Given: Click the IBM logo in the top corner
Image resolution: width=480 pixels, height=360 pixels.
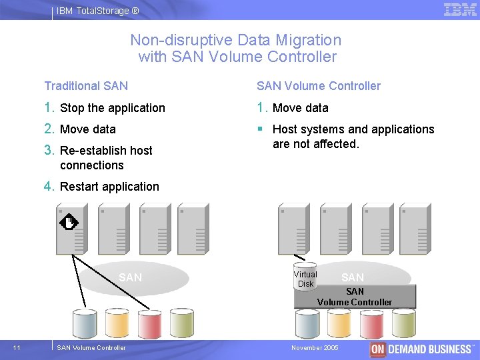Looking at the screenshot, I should (460, 10).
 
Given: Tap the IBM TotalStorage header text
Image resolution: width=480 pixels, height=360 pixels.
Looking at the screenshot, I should (98, 11).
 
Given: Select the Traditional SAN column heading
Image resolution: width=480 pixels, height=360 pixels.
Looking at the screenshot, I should (86, 85).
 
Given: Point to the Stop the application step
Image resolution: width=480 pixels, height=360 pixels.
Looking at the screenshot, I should (112, 108).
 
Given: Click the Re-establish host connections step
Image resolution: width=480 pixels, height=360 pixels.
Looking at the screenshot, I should (105, 157).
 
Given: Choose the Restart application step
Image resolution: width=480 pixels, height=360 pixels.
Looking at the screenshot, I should (109, 187).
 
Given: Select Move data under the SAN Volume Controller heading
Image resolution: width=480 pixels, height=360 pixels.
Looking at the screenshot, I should (300, 108).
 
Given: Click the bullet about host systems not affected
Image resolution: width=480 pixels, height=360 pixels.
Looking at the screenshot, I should (353, 136).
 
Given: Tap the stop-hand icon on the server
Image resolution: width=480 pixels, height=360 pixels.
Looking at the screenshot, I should (69, 221).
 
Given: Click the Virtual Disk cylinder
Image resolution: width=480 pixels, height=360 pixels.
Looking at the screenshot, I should (305, 275).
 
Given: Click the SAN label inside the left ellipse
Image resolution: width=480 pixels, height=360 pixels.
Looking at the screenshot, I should (130, 277).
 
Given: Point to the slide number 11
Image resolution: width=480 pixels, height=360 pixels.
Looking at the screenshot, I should (17, 347).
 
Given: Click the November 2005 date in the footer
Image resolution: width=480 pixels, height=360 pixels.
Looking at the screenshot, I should (315, 348).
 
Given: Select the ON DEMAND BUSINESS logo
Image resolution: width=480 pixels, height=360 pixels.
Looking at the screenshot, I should (422, 349).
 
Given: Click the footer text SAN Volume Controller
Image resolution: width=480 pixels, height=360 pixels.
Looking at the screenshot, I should (91, 347).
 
